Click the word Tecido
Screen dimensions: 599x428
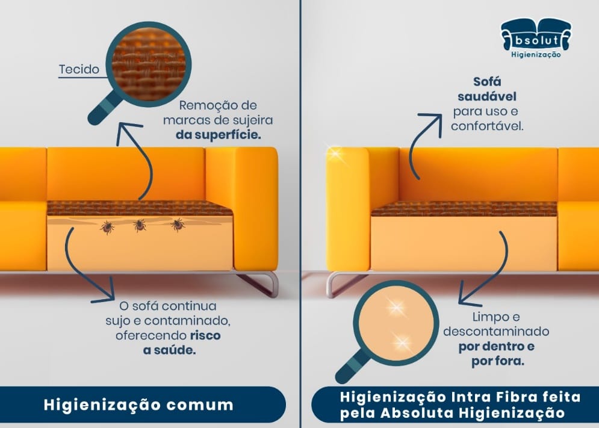tap(79, 69)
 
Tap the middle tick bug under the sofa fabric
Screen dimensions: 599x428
tap(140, 226)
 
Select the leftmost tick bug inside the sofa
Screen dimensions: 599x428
tap(107, 228)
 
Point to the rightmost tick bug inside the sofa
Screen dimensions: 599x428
tap(178, 225)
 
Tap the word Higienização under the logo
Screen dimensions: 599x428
tap(536, 55)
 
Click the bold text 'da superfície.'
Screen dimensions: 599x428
tap(218, 135)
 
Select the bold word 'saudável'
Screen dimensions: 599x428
tap(487, 97)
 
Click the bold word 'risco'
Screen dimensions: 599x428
tap(205, 335)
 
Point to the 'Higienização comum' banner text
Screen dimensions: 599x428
tap(138, 405)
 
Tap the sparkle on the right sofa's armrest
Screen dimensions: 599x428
tap(336, 154)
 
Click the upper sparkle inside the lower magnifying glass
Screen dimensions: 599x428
tap(395, 307)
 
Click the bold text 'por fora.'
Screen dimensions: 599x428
tap(497, 361)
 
